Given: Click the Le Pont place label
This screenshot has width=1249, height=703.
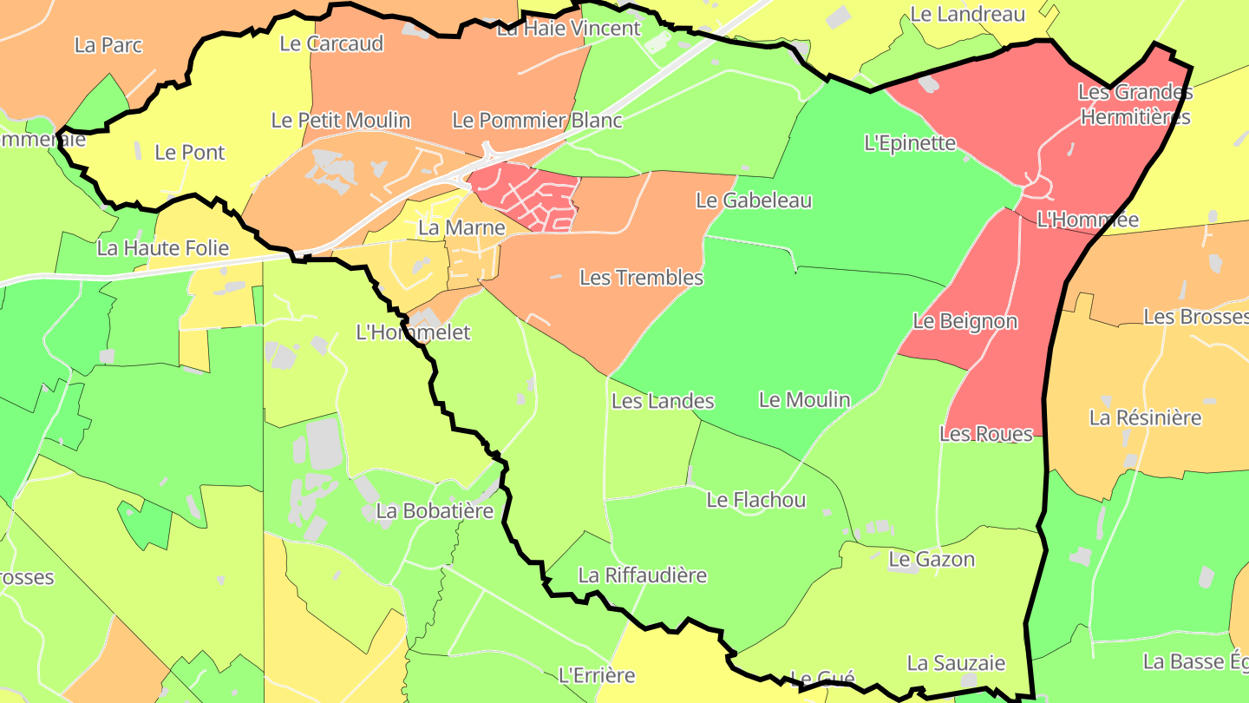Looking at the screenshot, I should [x=190, y=153].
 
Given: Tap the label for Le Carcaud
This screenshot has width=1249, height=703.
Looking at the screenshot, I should [x=331, y=44].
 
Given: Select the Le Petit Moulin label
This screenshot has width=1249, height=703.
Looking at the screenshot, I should [x=341, y=121].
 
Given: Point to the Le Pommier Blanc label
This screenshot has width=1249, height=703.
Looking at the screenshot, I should [x=537, y=121].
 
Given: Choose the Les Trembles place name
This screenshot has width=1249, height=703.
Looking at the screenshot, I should [x=641, y=278].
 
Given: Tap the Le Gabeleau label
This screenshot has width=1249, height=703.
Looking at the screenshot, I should [x=754, y=200].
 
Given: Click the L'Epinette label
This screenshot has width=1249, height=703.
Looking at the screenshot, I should [x=910, y=143].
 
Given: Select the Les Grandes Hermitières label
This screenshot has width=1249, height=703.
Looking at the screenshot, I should [x=1135, y=104].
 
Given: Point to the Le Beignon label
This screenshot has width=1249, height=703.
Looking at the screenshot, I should [x=965, y=321].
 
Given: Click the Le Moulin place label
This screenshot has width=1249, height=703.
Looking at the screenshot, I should [x=804, y=400].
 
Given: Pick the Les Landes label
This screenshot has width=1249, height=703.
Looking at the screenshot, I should [x=663, y=401].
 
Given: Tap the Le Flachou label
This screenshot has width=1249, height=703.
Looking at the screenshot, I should [x=755, y=500].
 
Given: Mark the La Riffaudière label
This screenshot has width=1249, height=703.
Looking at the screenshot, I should [x=642, y=575].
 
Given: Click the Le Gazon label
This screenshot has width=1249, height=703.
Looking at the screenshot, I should [x=932, y=560].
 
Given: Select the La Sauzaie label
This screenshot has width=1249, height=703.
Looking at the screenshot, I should [x=956, y=664].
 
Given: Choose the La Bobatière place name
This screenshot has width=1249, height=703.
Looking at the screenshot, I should [x=435, y=511].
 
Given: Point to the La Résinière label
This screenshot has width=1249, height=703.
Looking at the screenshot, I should [x=1145, y=418].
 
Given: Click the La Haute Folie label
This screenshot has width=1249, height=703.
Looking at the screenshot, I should [x=163, y=248].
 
